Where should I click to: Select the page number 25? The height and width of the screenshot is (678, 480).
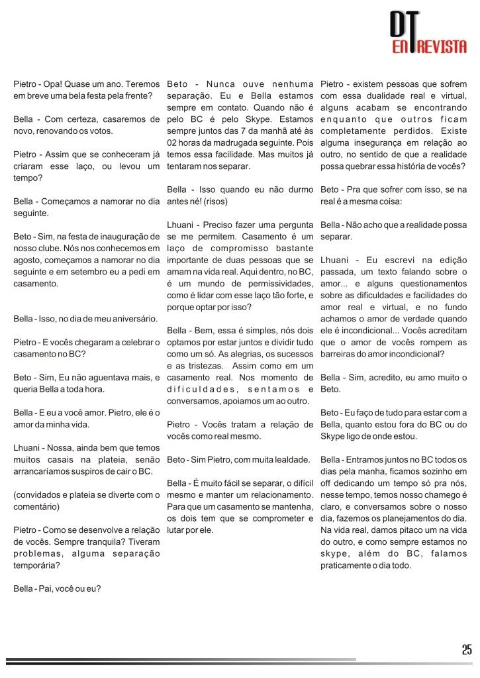(467, 649)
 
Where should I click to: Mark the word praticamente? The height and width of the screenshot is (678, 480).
(348, 565)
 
